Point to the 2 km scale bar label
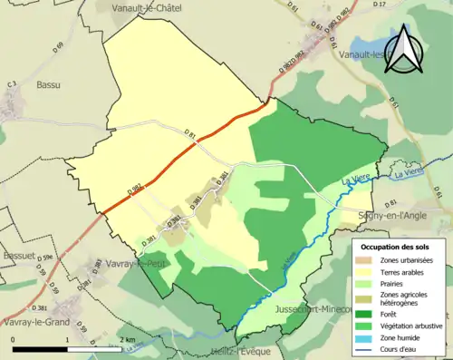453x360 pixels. pyautogui.click(x=126, y=341)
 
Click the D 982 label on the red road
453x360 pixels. pyautogui.click(x=136, y=190)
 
